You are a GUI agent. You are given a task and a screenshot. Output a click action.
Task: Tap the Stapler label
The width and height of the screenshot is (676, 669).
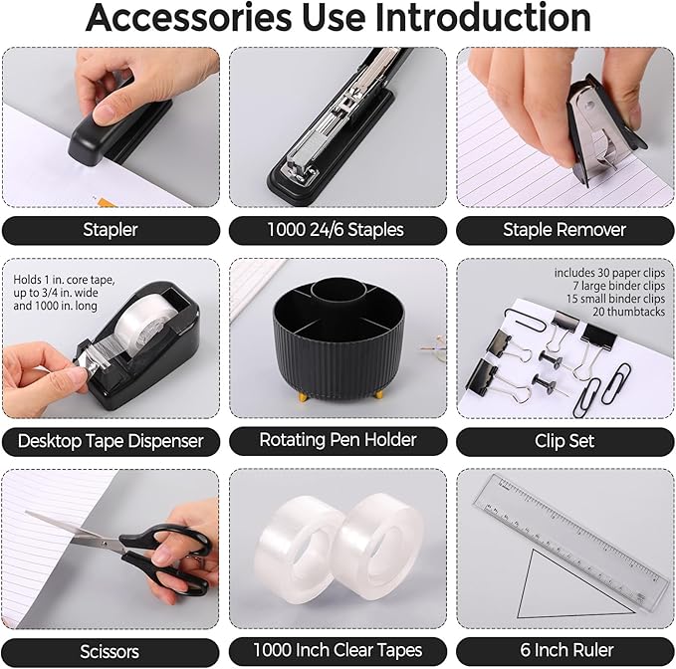pos(111,230)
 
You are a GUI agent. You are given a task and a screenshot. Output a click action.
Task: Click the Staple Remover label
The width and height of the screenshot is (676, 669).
pos(564,230)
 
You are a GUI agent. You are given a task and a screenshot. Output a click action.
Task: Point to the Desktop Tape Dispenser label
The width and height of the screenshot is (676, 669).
pos(111,440)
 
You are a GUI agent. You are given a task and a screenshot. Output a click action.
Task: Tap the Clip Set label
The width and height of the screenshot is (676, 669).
pos(564,440)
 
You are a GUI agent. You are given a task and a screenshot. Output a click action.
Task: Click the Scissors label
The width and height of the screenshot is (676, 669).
pos(111,651)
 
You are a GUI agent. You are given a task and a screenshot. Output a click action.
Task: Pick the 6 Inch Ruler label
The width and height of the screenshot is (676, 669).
pos(564,651)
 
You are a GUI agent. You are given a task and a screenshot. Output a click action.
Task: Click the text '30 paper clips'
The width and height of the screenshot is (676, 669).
pos(616,273)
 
